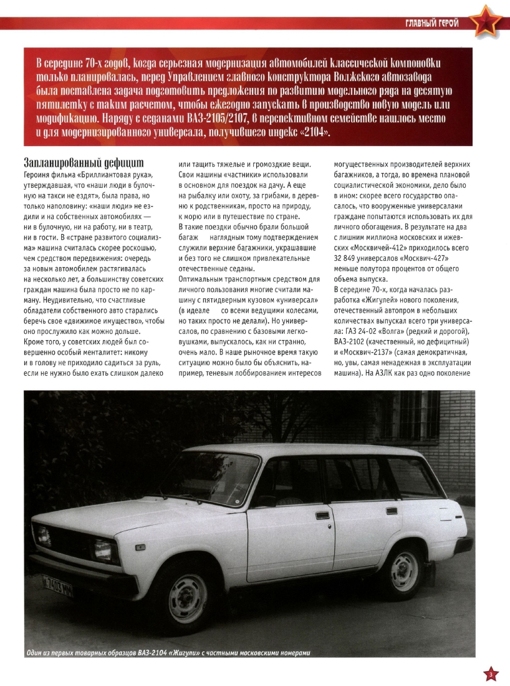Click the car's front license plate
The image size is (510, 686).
[57, 587]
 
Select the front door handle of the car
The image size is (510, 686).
[322, 515]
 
